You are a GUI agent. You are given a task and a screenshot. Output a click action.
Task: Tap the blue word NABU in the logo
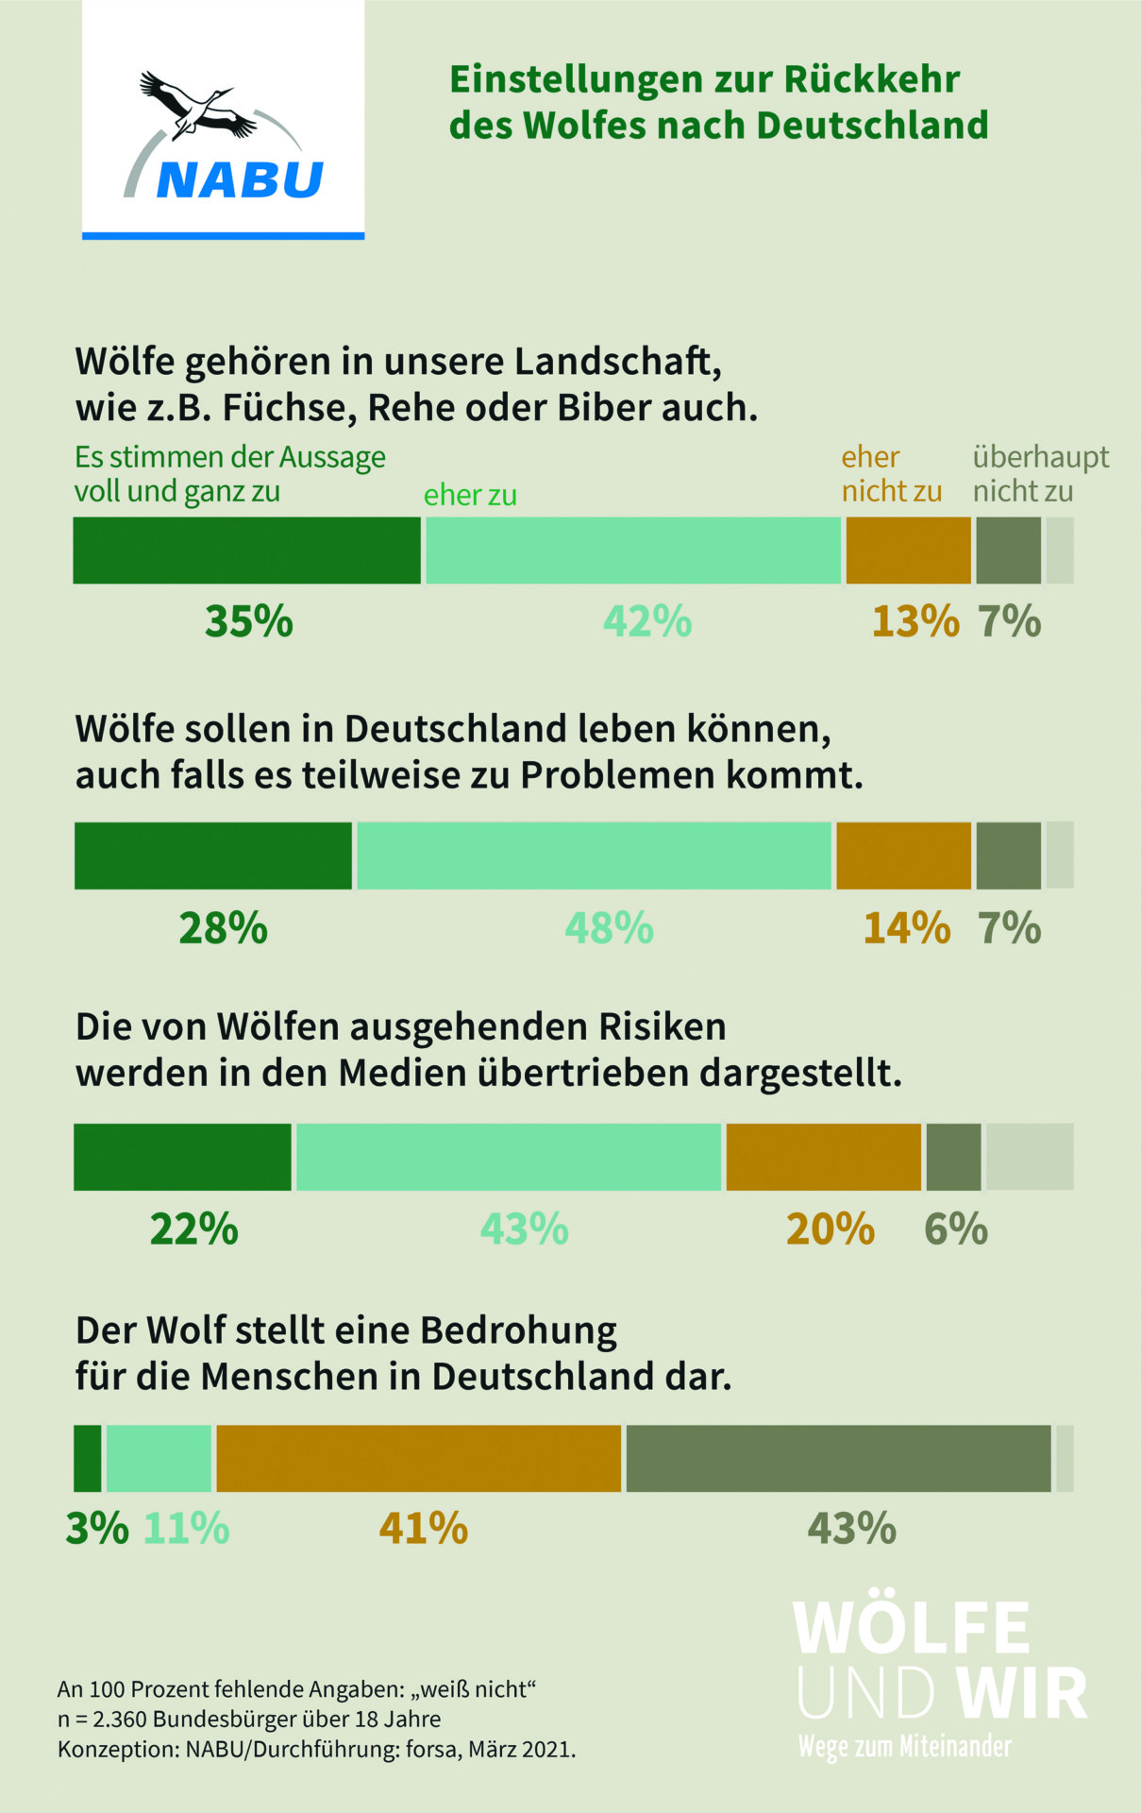click(240, 179)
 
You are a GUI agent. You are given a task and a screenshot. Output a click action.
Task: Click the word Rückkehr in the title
click(871, 80)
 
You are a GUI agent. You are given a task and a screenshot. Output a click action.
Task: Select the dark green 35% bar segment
click(246, 551)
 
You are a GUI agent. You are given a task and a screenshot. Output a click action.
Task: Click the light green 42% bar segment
click(632, 551)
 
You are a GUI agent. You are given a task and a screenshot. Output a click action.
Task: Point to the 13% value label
click(914, 621)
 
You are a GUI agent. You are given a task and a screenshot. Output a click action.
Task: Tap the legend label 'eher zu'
click(470, 495)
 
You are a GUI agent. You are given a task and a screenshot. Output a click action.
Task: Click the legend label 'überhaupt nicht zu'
click(1040, 474)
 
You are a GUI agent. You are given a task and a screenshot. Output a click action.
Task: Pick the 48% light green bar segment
click(595, 856)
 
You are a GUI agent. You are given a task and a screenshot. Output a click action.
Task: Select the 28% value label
click(224, 928)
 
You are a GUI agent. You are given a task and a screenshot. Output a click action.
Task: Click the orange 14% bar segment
click(903, 856)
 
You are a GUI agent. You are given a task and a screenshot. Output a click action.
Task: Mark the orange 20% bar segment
click(823, 1157)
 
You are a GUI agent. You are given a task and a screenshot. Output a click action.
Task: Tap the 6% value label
click(955, 1229)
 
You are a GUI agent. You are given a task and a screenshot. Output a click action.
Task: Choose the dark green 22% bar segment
click(182, 1157)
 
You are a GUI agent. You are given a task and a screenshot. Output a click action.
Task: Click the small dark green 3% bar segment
click(88, 1459)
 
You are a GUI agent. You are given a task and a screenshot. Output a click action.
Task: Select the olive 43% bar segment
click(838, 1459)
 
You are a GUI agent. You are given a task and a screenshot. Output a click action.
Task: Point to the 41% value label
click(424, 1528)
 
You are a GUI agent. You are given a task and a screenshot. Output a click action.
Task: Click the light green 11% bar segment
click(159, 1459)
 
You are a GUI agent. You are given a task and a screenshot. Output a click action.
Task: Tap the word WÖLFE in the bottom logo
click(911, 1628)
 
